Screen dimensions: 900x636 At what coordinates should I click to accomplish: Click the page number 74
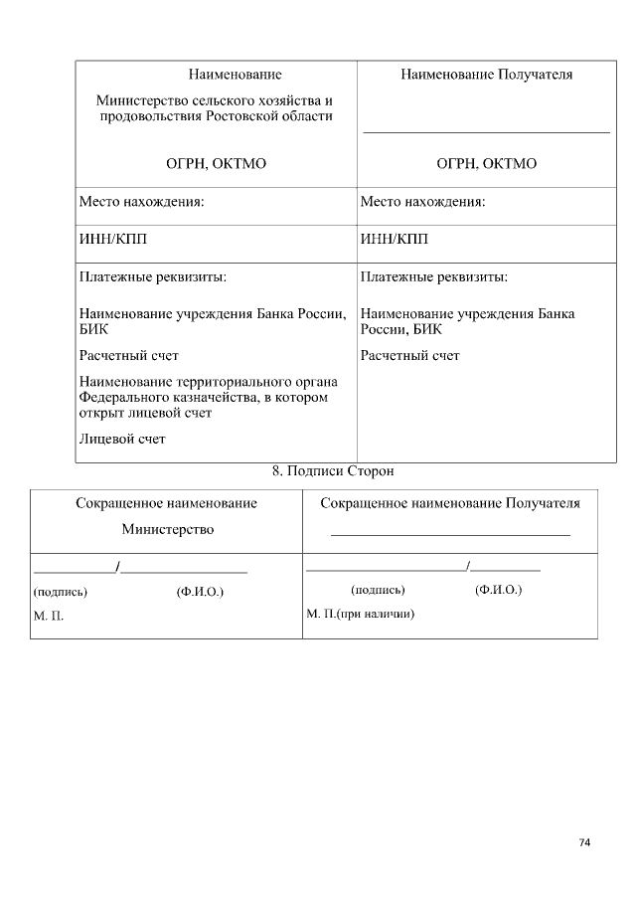(584, 842)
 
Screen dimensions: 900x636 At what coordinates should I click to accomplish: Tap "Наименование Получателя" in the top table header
(486, 75)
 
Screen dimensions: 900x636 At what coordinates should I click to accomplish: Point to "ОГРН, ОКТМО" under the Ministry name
(216, 164)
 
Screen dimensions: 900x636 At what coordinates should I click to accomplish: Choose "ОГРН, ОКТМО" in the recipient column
(486, 164)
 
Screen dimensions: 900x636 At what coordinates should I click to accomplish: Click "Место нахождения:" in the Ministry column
(141, 202)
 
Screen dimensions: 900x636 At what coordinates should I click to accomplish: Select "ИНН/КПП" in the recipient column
(395, 239)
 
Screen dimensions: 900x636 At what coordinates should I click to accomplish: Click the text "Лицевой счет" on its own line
(122, 438)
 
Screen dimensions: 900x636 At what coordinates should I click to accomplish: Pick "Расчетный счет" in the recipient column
(409, 355)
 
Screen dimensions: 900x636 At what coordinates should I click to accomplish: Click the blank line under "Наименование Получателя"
(486, 131)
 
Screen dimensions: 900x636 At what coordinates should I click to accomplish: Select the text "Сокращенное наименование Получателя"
(450, 503)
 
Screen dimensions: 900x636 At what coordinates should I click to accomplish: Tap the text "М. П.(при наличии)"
(360, 614)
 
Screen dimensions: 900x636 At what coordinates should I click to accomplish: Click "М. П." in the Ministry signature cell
(49, 617)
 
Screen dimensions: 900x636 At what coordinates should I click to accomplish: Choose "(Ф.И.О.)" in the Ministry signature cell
(200, 592)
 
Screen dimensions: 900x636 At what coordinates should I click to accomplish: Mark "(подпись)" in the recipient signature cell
(378, 590)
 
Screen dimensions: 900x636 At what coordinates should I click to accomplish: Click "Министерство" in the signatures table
(168, 529)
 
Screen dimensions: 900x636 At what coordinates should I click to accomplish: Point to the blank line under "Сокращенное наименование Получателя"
(450, 535)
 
